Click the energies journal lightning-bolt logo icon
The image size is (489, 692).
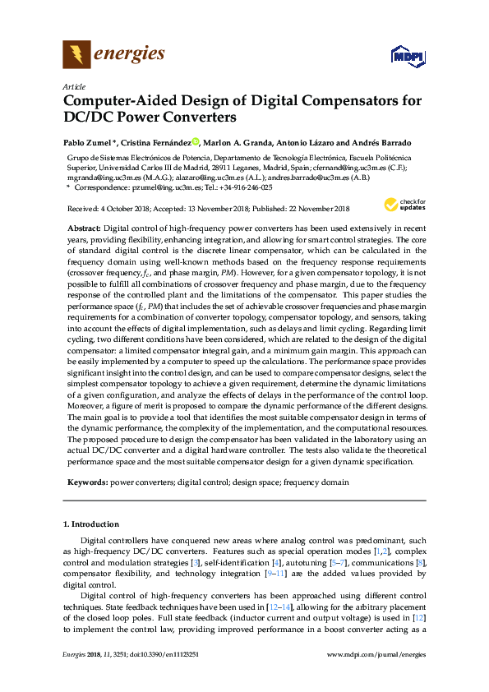[76, 55]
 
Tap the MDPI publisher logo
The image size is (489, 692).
[403, 56]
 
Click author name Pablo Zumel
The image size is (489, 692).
[88, 141]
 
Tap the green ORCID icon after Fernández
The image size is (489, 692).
[195, 141]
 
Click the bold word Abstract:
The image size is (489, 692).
[83, 225]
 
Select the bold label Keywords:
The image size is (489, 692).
[86, 482]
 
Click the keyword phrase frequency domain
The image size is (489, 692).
[317, 482]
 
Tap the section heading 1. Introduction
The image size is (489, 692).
[91, 524]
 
